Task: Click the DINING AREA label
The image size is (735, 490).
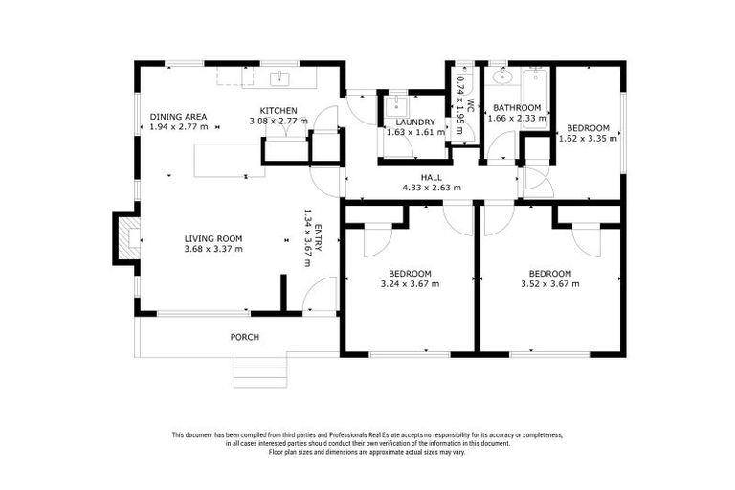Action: (x=178, y=117)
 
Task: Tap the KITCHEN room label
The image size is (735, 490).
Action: (x=278, y=111)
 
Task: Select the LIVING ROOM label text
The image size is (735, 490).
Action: (x=212, y=238)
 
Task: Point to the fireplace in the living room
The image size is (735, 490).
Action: (x=125, y=237)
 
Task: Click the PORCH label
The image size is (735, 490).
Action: (x=244, y=337)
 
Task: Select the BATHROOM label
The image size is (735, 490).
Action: (x=517, y=108)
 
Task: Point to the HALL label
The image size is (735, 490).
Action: (x=431, y=178)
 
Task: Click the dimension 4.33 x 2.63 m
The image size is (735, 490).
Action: (x=431, y=188)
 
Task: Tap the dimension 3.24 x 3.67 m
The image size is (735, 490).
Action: (x=410, y=283)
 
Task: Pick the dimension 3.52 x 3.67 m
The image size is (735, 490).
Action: (x=549, y=283)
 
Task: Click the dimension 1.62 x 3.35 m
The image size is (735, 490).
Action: (x=588, y=138)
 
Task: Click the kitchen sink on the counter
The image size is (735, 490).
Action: (x=281, y=77)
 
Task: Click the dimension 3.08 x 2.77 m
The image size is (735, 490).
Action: (x=278, y=122)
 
